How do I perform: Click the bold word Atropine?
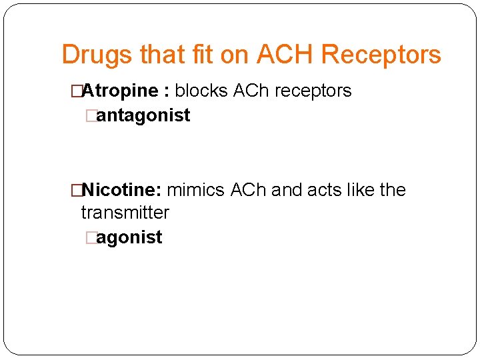(x=120, y=91)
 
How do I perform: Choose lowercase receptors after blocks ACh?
(x=311, y=91)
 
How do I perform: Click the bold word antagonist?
(x=143, y=115)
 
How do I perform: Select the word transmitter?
(x=125, y=213)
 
